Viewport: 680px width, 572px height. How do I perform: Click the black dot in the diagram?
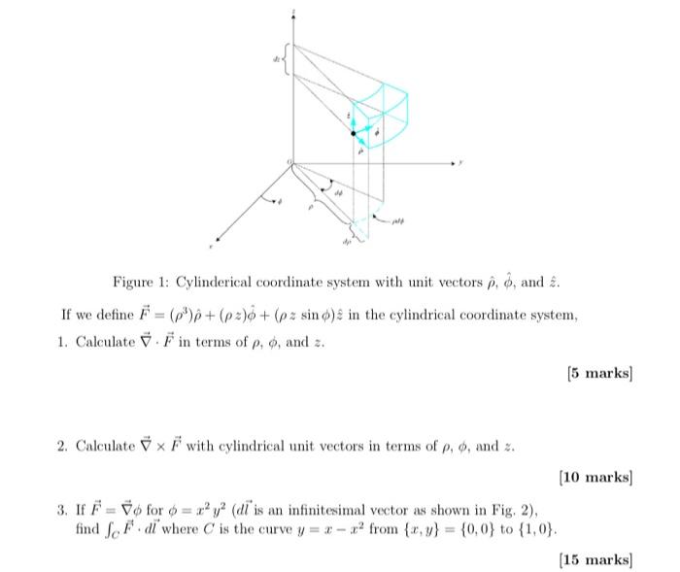point(354,133)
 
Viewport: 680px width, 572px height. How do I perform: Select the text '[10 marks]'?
point(595,476)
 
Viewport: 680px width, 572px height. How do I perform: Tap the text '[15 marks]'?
point(595,559)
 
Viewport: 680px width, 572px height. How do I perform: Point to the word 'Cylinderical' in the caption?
point(214,283)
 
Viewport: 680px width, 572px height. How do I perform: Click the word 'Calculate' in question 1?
point(106,344)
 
